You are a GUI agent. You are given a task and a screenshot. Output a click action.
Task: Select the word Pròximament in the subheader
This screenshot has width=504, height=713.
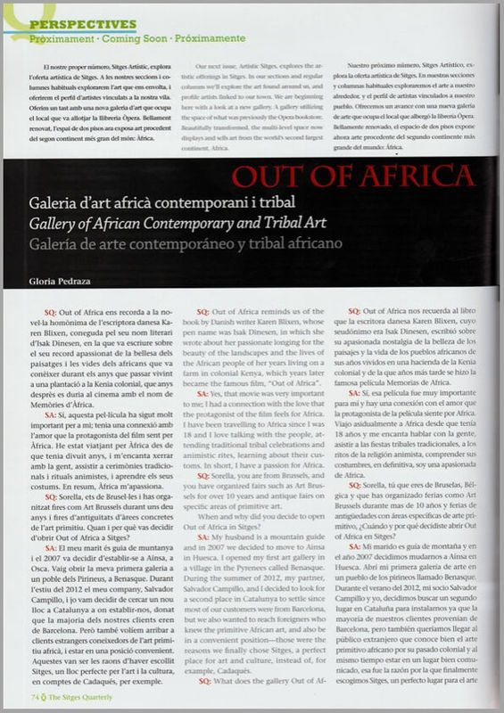tap(62, 40)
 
